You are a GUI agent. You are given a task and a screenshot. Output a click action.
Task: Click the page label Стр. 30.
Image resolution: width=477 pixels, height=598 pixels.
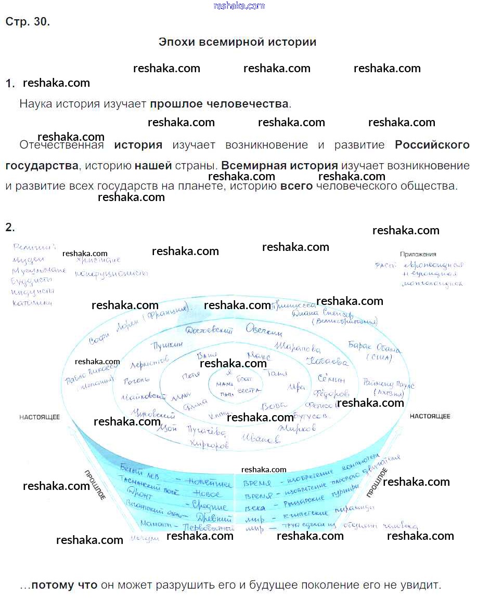point(28,22)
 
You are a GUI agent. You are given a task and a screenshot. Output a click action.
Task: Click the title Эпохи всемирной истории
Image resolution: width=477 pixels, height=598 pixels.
point(237,42)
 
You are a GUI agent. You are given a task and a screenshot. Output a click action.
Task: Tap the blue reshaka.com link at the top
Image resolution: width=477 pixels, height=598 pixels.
point(239,6)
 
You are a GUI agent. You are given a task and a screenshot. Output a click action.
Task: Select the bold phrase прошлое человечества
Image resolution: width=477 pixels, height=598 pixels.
point(219,104)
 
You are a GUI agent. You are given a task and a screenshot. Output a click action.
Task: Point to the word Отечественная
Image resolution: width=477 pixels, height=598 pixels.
point(61,145)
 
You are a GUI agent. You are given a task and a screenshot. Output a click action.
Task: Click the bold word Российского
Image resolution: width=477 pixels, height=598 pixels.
point(432,145)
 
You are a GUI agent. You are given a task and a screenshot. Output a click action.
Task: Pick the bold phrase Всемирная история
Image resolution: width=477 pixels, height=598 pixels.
point(279,166)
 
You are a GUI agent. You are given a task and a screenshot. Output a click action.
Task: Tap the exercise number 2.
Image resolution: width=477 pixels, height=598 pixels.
point(10,227)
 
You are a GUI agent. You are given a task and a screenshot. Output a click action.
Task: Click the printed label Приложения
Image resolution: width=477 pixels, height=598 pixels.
point(418,254)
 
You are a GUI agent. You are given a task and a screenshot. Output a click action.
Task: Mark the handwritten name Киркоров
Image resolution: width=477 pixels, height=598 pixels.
point(209,444)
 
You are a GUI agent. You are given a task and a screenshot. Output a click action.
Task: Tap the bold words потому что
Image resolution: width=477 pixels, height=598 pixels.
point(65,585)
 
